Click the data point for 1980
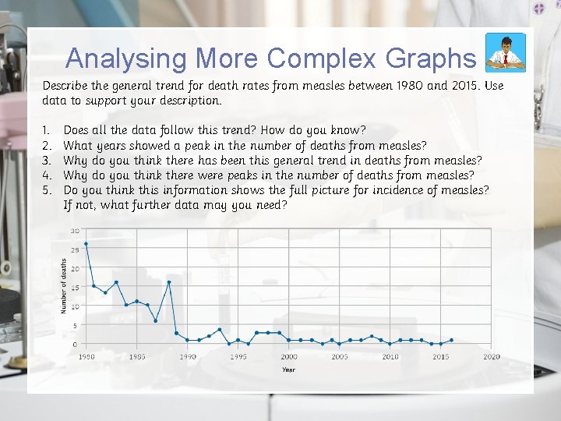[86, 244]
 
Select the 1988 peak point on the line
[168, 282]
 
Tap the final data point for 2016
[451, 340]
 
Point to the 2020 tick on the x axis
[491, 356]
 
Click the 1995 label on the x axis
[238, 356]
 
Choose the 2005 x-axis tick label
[340, 356]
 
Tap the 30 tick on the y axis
[76, 231]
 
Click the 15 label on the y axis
[76, 288]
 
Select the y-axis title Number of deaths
[64, 286]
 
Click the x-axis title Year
[288, 369]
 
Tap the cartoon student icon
[505, 53]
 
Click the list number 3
[47, 160]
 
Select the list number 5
[47, 189]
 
